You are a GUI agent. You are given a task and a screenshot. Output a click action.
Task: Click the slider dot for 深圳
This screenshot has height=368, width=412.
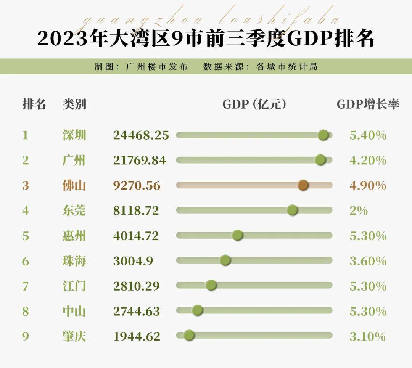click(323, 135)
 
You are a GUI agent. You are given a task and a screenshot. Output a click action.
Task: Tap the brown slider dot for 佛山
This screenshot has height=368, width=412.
click(303, 185)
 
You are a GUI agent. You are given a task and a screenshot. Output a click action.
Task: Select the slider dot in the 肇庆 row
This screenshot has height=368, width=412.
click(189, 336)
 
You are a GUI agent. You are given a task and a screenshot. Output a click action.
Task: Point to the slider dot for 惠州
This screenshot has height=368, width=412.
click(237, 235)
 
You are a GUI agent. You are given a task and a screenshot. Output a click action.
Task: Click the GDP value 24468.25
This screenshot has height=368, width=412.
click(141, 135)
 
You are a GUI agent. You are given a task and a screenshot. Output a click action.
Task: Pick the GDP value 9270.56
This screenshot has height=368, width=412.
click(137, 186)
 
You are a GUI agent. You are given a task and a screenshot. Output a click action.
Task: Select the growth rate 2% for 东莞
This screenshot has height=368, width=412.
click(358, 211)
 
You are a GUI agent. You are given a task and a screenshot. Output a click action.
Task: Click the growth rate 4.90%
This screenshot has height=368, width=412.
click(368, 186)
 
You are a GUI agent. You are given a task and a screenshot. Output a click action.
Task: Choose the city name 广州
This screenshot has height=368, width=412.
click(74, 160)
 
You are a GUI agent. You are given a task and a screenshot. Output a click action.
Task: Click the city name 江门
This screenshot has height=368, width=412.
click(74, 286)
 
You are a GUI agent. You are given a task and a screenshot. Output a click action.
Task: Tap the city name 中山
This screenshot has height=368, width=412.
click(74, 311)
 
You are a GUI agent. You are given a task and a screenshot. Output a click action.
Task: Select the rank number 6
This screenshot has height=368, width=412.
click(26, 261)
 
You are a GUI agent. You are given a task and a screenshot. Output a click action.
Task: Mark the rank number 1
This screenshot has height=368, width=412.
click(26, 135)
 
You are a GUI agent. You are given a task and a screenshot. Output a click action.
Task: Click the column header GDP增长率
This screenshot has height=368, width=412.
click(368, 104)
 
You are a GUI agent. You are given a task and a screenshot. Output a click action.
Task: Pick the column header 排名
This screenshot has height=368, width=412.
click(34, 104)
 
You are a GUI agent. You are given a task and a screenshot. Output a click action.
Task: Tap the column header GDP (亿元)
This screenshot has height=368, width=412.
click(254, 104)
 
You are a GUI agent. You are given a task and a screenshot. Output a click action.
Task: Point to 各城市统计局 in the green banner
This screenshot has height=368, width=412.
click(287, 67)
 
